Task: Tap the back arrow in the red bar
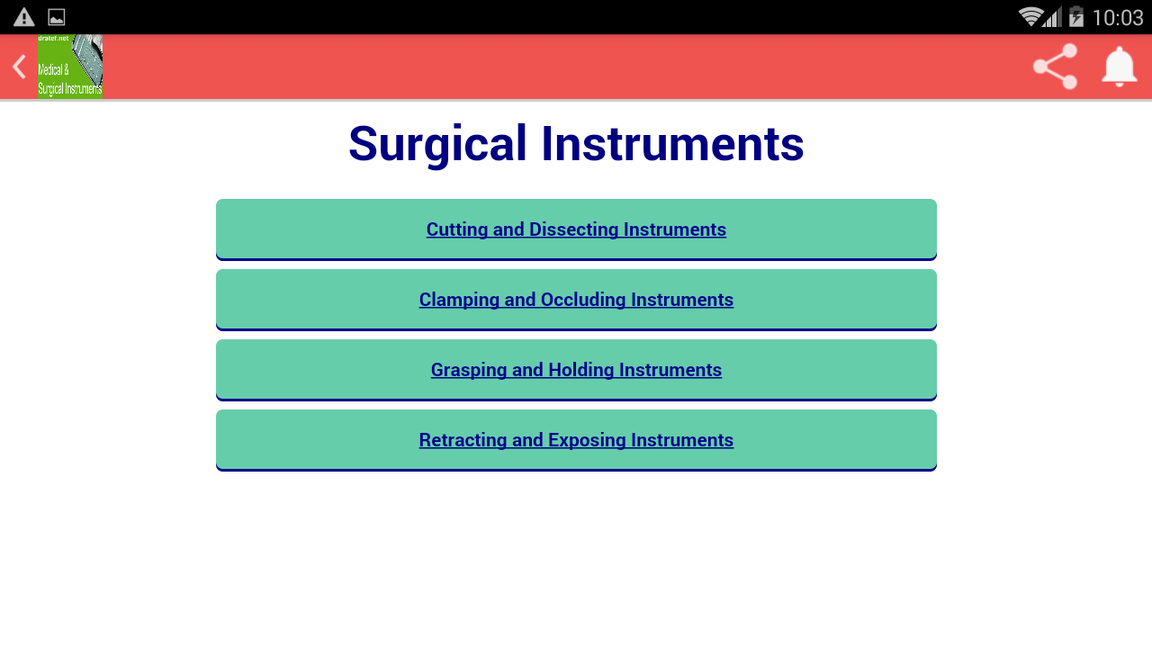(x=18, y=67)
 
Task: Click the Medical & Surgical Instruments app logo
(x=70, y=67)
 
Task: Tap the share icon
(x=1055, y=67)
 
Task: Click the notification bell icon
(x=1120, y=67)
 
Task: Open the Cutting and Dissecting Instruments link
(x=576, y=229)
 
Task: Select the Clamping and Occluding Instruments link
(x=576, y=300)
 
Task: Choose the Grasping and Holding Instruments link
(x=576, y=370)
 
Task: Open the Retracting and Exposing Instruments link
(x=576, y=440)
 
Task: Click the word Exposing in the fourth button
(x=587, y=440)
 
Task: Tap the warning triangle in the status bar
(x=24, y=17)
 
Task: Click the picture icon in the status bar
(x=57, y=17)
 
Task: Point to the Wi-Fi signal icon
(x=1030, y=17)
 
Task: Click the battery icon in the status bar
(x=1075, y=17)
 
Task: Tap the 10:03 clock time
(x=1117, y=17)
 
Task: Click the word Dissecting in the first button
(x=572, y=229)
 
